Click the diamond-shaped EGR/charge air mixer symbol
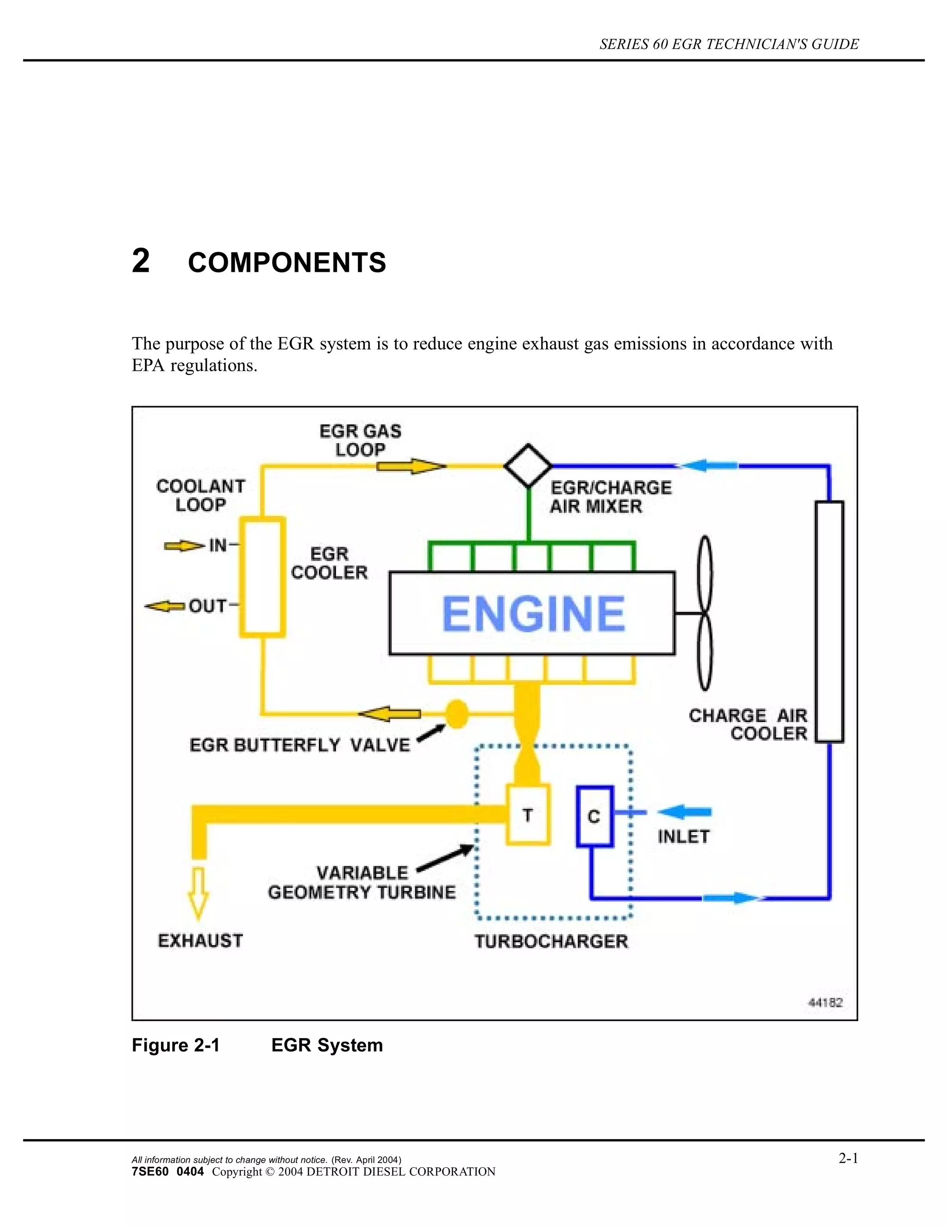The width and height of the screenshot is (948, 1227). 528,466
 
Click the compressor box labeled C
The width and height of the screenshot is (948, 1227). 594,816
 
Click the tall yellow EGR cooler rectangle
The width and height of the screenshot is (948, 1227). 262,577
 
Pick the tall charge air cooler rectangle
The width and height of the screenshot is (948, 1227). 829,621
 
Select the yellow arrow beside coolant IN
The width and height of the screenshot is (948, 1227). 184,545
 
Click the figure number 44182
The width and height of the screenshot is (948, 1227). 825,1002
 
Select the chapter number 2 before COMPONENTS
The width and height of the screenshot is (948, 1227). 141,261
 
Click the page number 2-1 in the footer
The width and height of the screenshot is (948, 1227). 848,1158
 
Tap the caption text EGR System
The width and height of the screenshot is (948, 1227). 327,1045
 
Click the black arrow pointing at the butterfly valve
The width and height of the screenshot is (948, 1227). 431,732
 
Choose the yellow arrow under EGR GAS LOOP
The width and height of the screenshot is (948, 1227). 411,466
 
